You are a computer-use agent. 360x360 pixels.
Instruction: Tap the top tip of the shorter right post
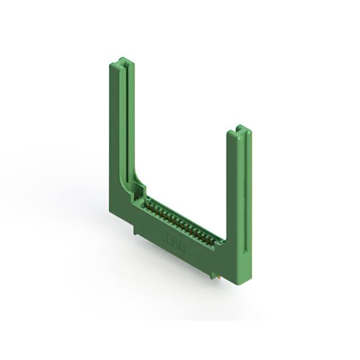point(240,128)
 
